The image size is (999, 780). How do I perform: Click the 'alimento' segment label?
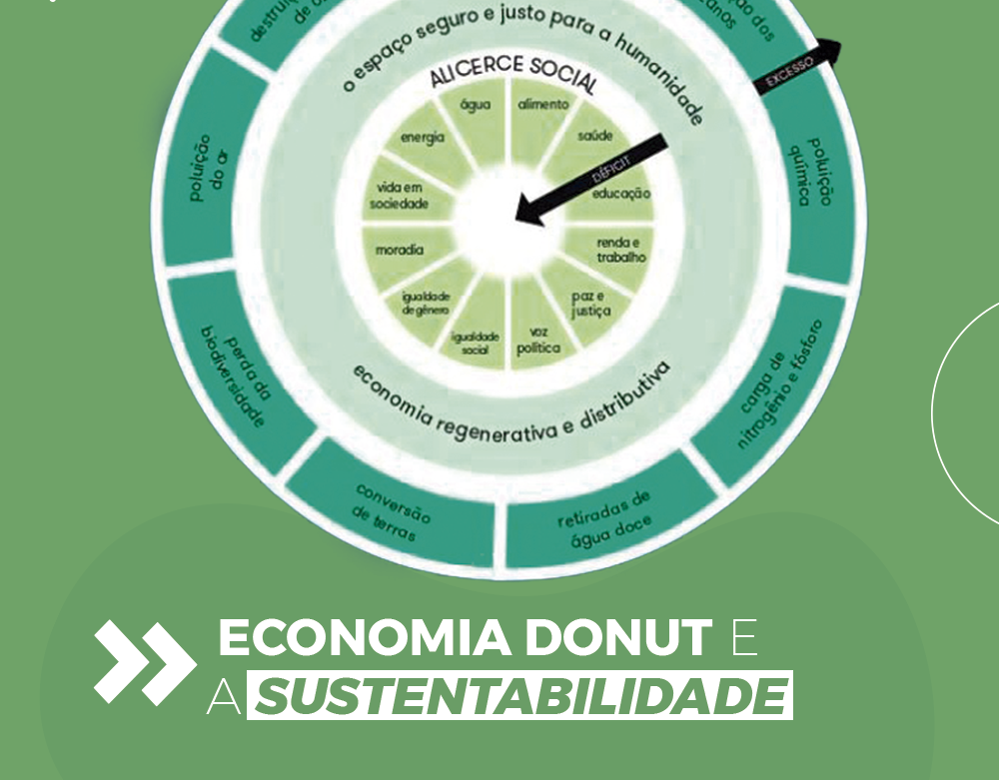[x=543, y=105]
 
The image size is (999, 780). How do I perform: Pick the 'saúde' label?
[x=595, y=136]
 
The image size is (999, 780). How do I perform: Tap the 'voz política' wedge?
[x=538, y=340]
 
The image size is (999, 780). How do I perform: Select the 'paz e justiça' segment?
[x=591, y=305]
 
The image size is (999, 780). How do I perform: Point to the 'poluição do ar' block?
[x=206, y=165]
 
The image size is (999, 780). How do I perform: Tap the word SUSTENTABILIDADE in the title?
[x=520, y=697]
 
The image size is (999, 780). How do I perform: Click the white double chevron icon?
[x=144, y=661]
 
